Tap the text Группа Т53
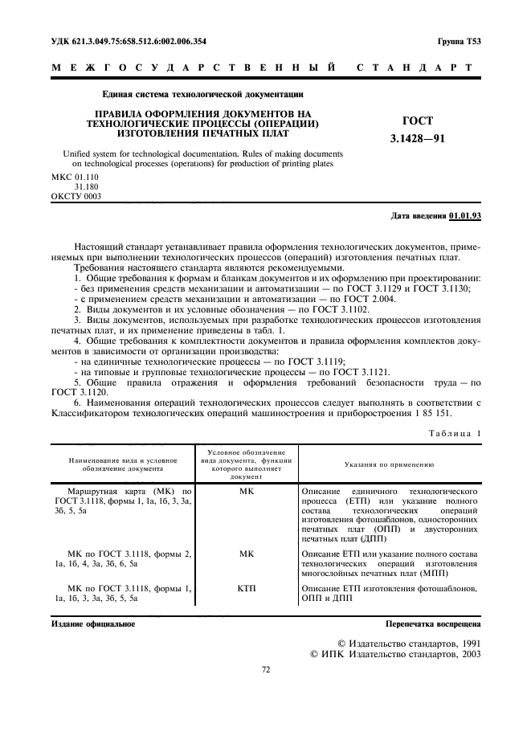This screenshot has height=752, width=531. pos(459,41)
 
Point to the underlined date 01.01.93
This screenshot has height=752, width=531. pos(465,216)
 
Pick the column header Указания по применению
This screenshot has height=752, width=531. pos(390,464)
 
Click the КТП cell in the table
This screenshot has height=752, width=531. pos(247,589)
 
